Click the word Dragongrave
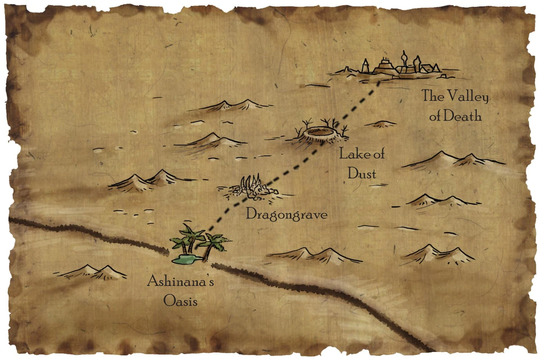pyautogui.click(x=286, y=214)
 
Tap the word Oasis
pyautogui.click(x=180, y=301)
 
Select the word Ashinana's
pyautogui.click(x=180, y=283)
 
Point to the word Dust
pyautogui.click(x=362, y=173)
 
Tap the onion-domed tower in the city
pyautogui.click(x=403, y=59)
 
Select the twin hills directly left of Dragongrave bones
pyautogui.click(x=149, y=179)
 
